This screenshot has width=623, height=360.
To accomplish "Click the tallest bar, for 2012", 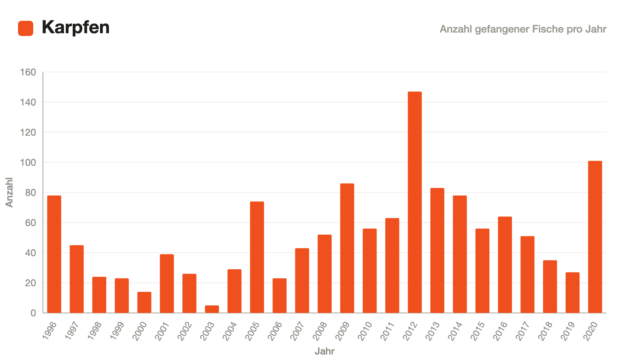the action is point(415,202).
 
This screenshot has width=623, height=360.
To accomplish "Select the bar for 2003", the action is point(212,309).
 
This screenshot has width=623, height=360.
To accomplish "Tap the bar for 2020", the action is point(595,237).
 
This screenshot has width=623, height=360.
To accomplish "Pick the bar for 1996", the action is point(54,254).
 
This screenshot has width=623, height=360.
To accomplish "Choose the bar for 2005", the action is point(257,257).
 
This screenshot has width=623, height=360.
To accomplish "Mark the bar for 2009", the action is point(347,248).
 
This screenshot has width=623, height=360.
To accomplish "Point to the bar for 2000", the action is point(144,302).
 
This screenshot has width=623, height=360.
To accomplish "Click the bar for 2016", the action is point(505,265).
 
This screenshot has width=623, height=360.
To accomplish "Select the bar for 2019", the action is point(572,292).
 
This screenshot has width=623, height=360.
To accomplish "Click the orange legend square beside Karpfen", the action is point(26,28).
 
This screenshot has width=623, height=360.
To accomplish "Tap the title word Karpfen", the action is point(75,27).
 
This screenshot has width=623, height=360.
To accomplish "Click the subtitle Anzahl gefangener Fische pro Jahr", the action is point(523,29).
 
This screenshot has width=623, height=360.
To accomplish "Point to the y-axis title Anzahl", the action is point(9,192).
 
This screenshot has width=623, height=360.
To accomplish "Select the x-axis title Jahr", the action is point(325,351).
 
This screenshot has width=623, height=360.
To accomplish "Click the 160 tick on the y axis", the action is point(28,72).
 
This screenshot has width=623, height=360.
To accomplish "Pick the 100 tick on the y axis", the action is point(28,163).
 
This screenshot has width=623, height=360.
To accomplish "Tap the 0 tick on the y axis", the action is point(33,313).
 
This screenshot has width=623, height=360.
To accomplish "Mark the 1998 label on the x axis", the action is point(94,331).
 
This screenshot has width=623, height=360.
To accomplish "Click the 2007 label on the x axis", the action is point(297,331).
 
